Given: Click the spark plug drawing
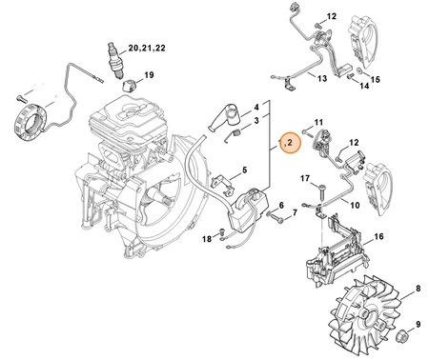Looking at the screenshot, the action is [114, 60].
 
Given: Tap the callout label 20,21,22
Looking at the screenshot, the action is [147, 48].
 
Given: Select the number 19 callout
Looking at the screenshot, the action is [149, 75].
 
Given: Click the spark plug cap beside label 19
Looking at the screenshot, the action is [130, 85].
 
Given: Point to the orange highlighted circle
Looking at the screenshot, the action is [289, 143].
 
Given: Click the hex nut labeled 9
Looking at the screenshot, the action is [403, 335].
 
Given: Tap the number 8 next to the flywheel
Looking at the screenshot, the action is [419, 289].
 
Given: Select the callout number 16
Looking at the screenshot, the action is [378, 236].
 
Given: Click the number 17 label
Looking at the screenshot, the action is [305, 179].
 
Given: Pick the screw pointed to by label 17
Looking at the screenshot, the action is [321, 192].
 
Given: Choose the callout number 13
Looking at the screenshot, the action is [322, 78].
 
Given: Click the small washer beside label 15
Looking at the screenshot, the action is [358, 70].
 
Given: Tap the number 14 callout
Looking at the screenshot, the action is [364, 86].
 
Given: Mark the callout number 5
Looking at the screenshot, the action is [244, 170].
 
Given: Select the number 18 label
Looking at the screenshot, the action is [207, 238].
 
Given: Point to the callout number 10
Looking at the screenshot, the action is [355, 205].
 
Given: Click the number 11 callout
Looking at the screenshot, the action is [318, 122].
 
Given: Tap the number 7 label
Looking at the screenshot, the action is [295, 212].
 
